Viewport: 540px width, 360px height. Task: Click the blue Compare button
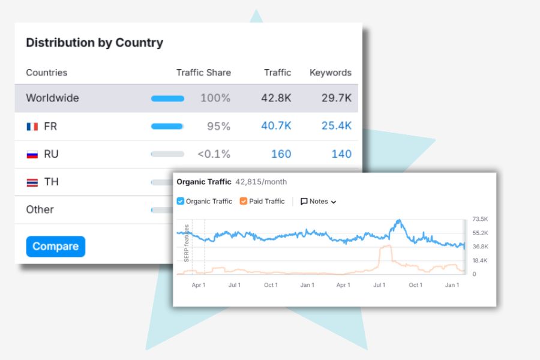click(55, 247)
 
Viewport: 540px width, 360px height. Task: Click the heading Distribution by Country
click(94, 43)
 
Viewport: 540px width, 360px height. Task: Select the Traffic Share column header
click(203, 73)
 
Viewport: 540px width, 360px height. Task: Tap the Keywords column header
click(330, 73)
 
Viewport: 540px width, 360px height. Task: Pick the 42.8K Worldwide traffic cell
click(276, 98)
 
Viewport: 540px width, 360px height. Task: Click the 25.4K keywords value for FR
click(336, 126)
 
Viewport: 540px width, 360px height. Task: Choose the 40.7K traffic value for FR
click(276, 126)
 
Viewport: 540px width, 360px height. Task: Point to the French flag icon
click(32, 127)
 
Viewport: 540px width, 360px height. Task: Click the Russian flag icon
click(32, 154)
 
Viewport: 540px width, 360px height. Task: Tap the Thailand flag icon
click(32, 182)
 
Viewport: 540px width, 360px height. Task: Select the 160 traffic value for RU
click(281, 154)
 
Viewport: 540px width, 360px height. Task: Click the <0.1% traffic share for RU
click(214, 154)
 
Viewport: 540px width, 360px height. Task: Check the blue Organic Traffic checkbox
click(181, 202)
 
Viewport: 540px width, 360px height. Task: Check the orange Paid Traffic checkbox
click(244, 202)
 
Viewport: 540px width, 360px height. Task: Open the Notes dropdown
click(318, 202)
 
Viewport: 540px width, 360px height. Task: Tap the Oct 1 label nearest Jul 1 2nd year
click(415, 285)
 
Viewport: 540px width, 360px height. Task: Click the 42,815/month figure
click(261, 182)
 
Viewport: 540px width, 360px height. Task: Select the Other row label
click(40, 210)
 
